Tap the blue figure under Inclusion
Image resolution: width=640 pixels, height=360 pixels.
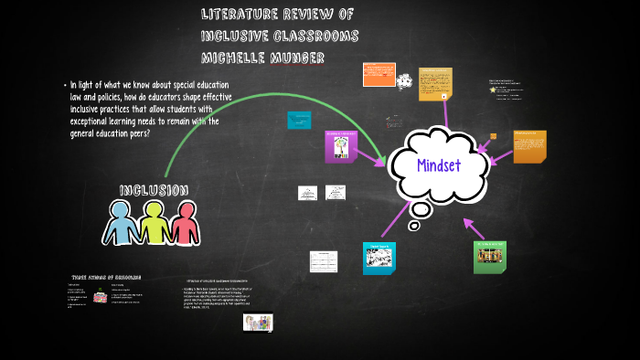pyautogui.click(x=123, y=223)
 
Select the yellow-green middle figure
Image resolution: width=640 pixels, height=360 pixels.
pyautogui.click(x=153, y=223)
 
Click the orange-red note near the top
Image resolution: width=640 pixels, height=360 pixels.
pyautogui.click(x=379, y=74)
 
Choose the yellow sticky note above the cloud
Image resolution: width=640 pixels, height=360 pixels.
pyautogui.click(x=435, y=85)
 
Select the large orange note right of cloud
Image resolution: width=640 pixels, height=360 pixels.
pyautogui.click(x=529, y=146)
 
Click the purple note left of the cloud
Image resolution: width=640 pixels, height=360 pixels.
pyautogui.click(x=340, y=146)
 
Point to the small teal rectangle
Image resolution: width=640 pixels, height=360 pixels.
pyautogui.click(x=300, y=120)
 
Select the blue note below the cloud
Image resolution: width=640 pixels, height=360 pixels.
pyautogui.click(x=379, y=259)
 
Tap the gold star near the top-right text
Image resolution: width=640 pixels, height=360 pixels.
pyautogui.click(x=494, y=90)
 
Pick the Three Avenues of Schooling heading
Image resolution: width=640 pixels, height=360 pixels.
pyautogui.click(x=106, y=278)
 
